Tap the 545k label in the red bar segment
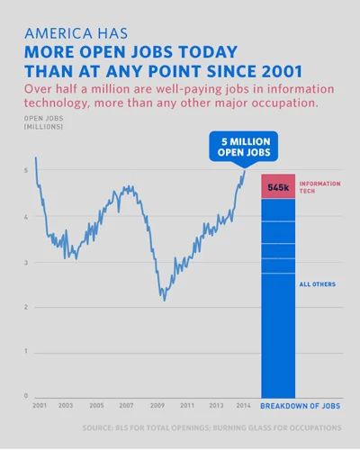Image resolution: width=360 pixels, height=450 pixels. click(x=278, y=187)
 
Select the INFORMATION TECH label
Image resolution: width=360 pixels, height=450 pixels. click(x=319, y=186)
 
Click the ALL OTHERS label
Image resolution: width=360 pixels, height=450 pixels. click(x=317, y=284)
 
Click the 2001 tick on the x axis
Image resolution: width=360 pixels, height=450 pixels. click(x=40, y=406)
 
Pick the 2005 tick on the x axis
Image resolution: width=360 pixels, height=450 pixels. click(x=96, y=406)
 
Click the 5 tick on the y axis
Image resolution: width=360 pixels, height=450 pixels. click(x=25, y=171)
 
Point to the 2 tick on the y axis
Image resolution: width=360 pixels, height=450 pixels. click(x=25, y=307)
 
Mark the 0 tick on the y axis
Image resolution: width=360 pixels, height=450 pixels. click(x=25, y=396)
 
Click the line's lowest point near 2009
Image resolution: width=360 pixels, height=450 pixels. click(x=164, y=300)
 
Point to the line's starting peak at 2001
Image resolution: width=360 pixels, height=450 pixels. click(x=36, y=158)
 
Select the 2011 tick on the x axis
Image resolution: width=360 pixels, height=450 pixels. click(x=187, y=406)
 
